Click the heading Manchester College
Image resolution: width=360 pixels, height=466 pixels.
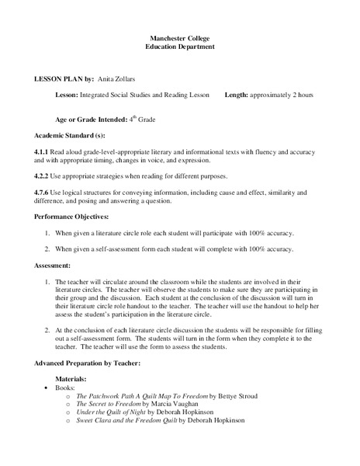pos(180,38)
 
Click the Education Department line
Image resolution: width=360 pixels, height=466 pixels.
pos(180,47)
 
